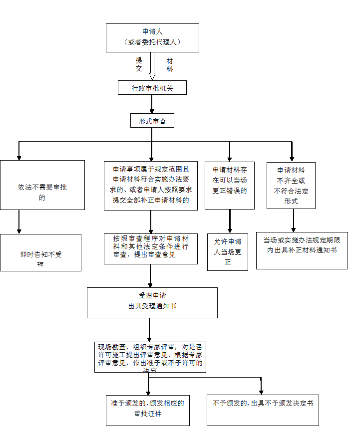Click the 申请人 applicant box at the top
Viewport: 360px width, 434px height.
click(x=152, y=37)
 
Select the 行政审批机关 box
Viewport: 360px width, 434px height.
click(x=152, y=88)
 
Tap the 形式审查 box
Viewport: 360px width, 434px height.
click(x=152, y=121)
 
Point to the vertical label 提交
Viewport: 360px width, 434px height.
click(x=139, y=64)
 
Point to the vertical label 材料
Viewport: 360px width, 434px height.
click(x=170, y=64)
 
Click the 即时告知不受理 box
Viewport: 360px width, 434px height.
click(x=40, y=253)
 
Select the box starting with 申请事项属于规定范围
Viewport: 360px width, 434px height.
click(x=151, y=185)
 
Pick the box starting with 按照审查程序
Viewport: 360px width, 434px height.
click(x=151, y=249)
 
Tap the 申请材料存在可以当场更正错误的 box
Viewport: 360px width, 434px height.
click(x=230, y=185)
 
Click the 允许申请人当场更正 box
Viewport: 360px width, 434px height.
click(x=228, y=252)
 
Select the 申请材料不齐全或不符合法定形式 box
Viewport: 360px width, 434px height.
click(x=291, y=185)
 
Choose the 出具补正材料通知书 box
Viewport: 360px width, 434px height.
click(x=302, y=250)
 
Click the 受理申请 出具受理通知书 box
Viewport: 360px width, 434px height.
click(x=152, y=302)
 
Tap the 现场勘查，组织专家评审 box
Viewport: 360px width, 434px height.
click(x=150, y=357)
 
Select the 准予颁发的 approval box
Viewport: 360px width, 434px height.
click(x=148, y=410)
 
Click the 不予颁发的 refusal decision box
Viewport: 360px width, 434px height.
click(x=263, y=410)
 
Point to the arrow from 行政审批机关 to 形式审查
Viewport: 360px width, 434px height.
click(x=152, y=104)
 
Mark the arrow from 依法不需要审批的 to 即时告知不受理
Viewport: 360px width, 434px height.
click(x=19, y=221)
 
